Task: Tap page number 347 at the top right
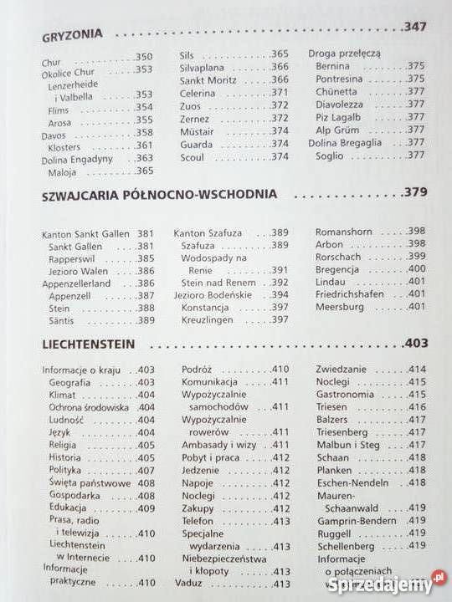(x=414, y=28)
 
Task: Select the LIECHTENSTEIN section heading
(x=95, y=344)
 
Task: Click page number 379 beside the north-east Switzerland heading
(x=414, y=191)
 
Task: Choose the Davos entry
(x=53, y=132)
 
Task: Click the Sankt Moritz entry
(x=208, y=80)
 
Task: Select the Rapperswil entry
(x=73, y=259)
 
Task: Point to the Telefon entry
(x=198, y=520)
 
